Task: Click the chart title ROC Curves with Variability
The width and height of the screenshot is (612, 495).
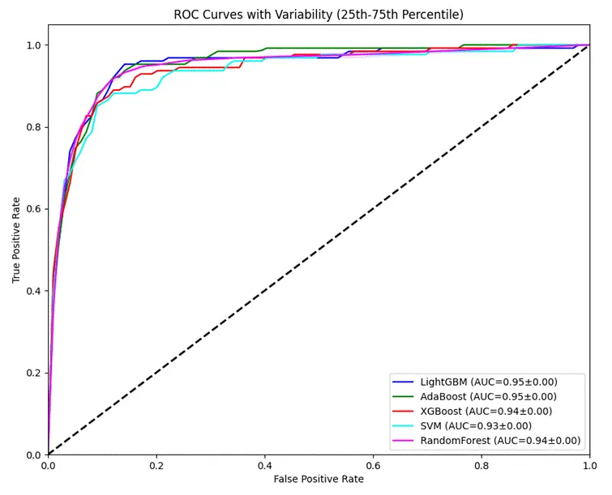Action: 319,14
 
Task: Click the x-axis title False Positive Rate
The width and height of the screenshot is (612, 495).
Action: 319,480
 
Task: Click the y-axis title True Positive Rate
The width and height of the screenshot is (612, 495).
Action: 16,240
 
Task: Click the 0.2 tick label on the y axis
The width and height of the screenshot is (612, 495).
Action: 32,373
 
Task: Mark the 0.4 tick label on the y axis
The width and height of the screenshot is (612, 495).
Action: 32,291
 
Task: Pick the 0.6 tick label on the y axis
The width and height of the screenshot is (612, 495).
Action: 32,209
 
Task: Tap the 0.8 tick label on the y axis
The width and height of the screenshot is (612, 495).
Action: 32,127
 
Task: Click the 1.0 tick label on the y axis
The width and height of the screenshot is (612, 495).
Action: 32,45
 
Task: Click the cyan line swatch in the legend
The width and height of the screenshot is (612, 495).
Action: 403,426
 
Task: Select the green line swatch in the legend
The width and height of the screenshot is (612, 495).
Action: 403,396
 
